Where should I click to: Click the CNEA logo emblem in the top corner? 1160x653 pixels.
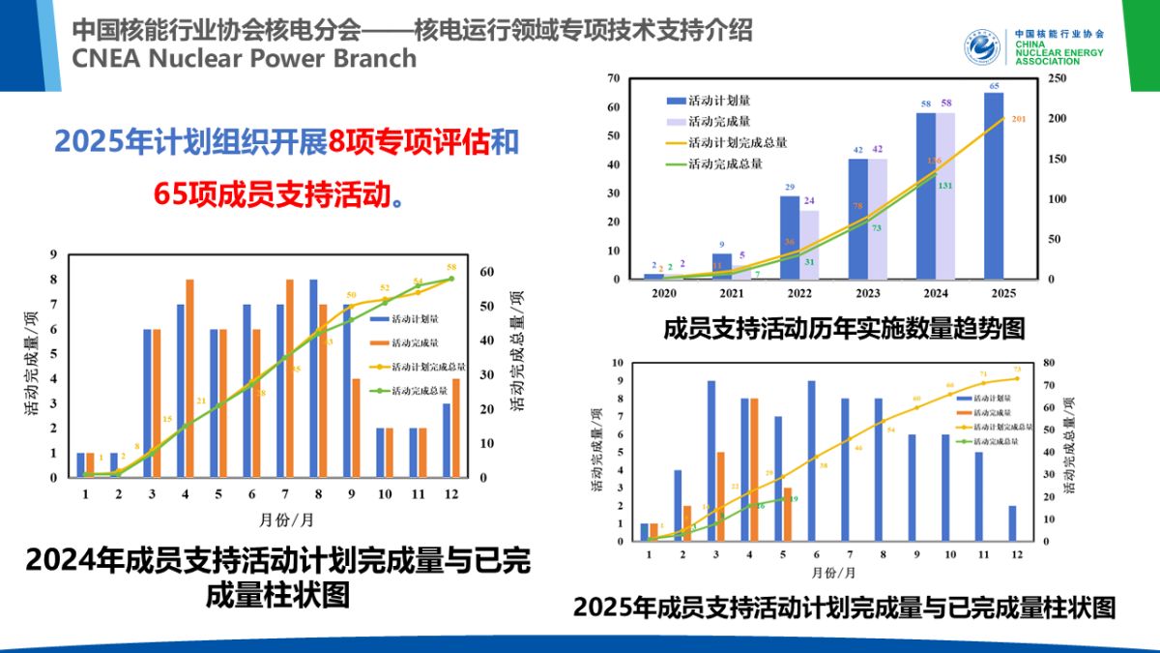tap(985, 46)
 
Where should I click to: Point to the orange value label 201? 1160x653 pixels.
tap(1019, 119)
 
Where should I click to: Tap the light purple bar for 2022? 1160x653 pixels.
tap(809, 245)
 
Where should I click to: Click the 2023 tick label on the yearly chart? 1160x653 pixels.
tap(867, 292)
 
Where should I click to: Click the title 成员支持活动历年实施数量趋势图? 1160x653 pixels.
tap(843, 329)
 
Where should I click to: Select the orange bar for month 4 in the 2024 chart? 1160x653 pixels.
tap(189, 378)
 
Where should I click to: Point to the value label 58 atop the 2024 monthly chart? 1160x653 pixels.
tap(451, 267)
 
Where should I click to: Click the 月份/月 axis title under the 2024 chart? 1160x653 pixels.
tap(286, 519)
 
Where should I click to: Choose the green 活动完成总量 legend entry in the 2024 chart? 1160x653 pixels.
tap(414, 391)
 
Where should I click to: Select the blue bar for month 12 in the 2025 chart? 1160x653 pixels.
tap(1011, 522)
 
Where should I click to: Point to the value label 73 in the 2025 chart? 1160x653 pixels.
tap(1016, 369)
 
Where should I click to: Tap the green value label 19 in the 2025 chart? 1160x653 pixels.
tap(793, 499)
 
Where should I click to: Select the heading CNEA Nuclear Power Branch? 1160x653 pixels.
tap(244, 58)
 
